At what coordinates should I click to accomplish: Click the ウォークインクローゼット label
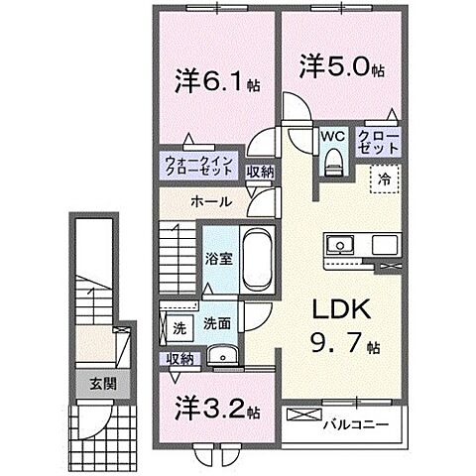(x=198, y=165)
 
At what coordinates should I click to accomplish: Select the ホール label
(x=211, y=201)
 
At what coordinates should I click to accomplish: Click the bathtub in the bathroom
(x=259, y=259)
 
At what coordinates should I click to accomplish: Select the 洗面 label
(x=216, y=323)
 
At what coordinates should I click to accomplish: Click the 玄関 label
(x=101, y=384)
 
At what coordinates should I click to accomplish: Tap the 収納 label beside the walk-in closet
(x=261, y=172)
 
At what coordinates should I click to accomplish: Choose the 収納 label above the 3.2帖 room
(x=179, y=359)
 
